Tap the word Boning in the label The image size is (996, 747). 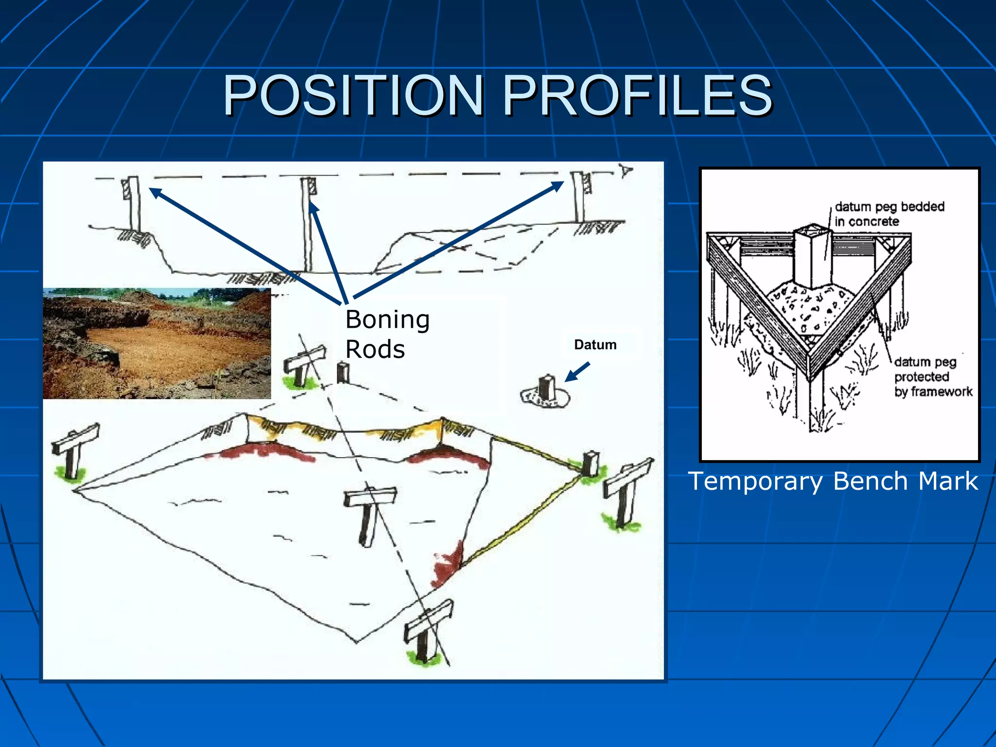pos(387,320)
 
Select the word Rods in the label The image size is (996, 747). pos(375,349)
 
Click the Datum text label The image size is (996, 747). pos(595,344)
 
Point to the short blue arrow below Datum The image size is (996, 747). pos(577,372)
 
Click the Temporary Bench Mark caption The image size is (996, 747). pos(833,481)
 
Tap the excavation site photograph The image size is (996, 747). pos(157,343)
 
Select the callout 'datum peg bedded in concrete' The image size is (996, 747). pos(889,214)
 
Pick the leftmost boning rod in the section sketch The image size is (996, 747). pos(132,204)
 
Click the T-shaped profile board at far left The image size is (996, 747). pos(74,450)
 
